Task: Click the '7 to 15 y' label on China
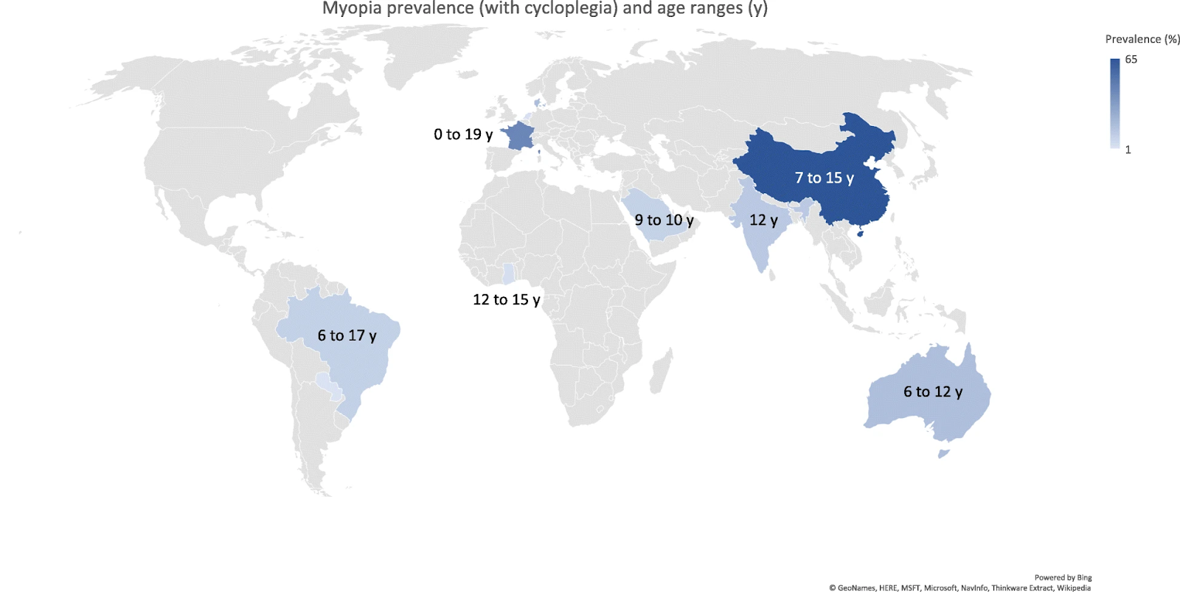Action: point(824,178)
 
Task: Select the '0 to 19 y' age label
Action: point(462,134)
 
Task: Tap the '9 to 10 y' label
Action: point(664,220)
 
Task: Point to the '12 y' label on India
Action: point(763,220)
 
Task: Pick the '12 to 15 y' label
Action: point(506,299)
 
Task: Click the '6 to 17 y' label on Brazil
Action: point(347,335)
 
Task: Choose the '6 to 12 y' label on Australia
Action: point(932,391)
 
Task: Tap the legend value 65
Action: point(1131,60)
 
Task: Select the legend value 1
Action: point(1128,150)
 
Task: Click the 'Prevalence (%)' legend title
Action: point(1142,39)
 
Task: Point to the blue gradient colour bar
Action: point(1114,103)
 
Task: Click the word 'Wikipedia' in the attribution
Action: point(1073,588)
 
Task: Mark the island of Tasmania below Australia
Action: point(943,453)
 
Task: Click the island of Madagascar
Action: point(661,372)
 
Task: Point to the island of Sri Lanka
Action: point(772,275)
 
